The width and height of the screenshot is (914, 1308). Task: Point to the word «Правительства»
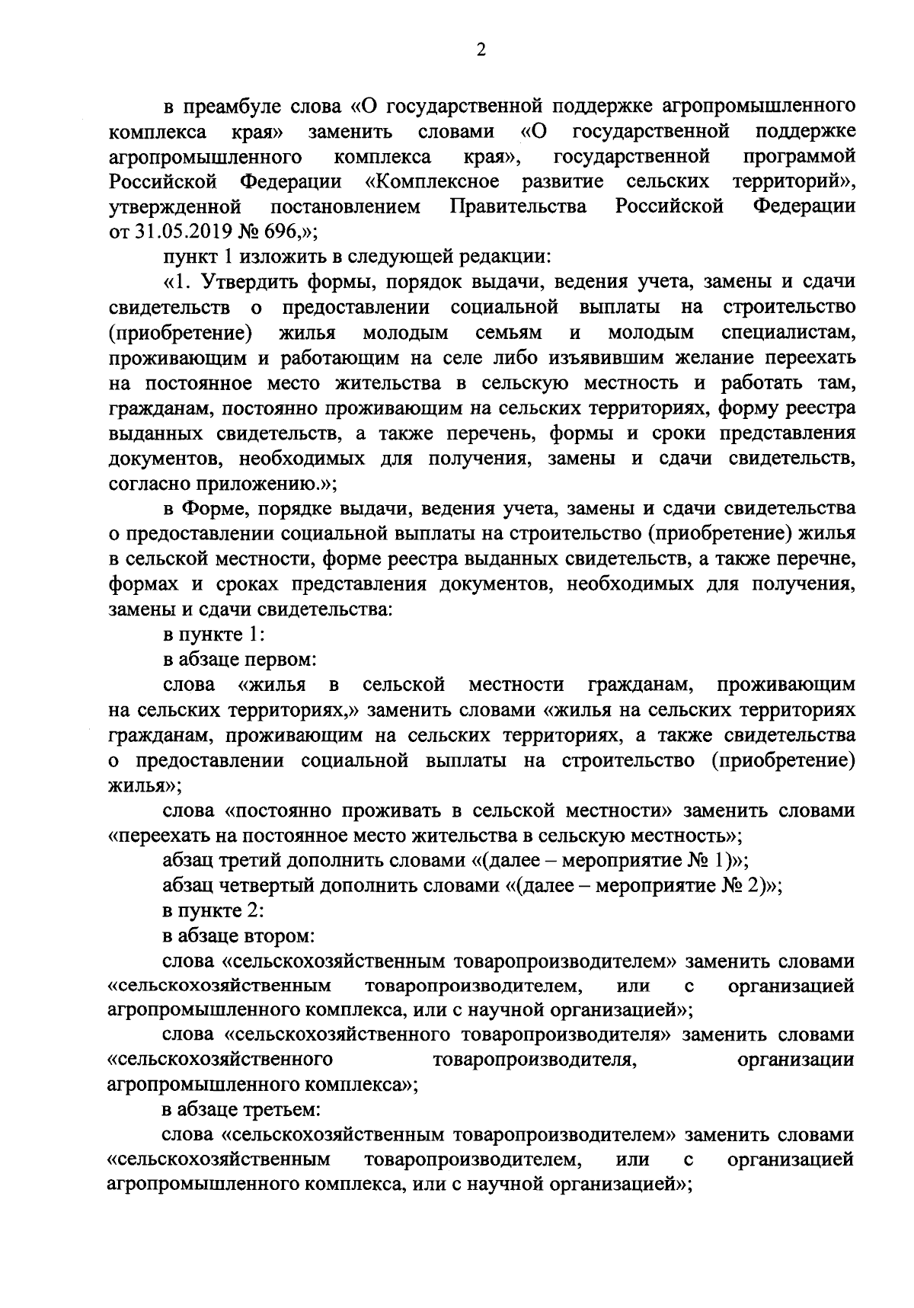click(x=518, y=206)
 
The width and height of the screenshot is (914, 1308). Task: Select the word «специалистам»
click(x=788, y=332)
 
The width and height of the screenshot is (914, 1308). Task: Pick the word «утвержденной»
click(x=176, y=206)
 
